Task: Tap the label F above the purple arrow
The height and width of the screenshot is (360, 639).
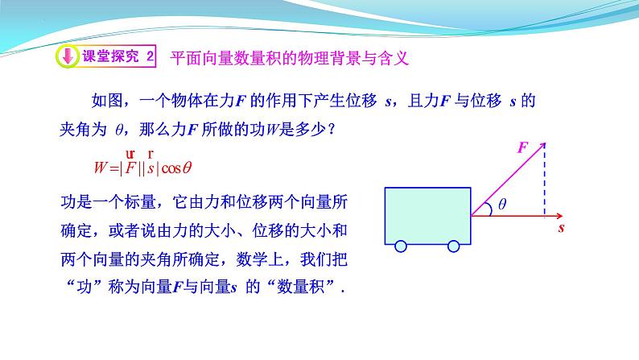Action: [522, 147]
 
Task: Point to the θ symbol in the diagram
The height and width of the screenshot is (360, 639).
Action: [502, 205]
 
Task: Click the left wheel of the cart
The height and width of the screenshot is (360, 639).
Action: [400, 246]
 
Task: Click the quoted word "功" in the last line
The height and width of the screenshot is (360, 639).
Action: [81, 286]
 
